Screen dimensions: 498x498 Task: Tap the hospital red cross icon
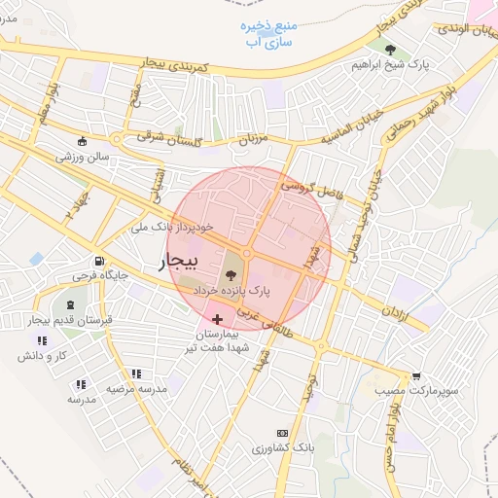217,319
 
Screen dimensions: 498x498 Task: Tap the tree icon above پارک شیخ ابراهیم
389,48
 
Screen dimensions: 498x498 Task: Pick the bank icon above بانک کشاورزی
283,432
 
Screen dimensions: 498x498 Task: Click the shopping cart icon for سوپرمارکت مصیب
417,375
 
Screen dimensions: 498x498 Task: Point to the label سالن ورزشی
86,156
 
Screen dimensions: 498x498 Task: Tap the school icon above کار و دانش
41,340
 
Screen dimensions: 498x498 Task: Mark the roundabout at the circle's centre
248,253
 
